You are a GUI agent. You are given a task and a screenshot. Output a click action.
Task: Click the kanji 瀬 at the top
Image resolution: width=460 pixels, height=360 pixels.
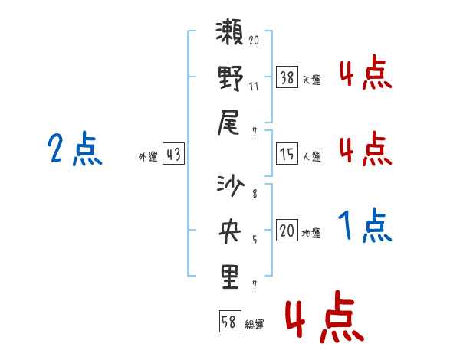pos(230,32)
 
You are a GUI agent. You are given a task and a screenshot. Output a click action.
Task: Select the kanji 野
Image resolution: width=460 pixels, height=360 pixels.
pos(230,78)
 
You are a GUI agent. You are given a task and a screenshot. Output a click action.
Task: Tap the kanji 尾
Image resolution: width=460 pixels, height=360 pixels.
pos(228,123)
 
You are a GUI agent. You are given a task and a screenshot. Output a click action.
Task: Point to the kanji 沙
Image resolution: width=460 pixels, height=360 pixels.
pos(230,186)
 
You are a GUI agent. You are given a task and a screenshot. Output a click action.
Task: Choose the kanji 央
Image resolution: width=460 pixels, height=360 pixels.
pos(230,231)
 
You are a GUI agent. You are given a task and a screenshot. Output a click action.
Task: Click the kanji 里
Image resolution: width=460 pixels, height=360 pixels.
pos(230,277)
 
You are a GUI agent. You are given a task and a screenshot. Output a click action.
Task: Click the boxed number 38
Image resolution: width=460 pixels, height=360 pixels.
pos(287,77)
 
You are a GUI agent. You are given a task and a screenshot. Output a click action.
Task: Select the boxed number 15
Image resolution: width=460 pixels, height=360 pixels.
pos(287,154)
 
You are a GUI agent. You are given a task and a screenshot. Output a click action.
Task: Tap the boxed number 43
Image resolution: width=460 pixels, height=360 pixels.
pos(173,153)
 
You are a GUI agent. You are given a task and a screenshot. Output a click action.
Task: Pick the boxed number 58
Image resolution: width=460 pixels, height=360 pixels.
pos(230,321)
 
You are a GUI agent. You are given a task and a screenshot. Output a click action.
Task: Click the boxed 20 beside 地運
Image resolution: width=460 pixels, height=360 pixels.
pos(287,230)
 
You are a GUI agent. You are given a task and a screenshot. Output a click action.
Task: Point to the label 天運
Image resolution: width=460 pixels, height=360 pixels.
pos(312,80)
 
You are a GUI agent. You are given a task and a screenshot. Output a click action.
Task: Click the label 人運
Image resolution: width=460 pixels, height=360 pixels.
pos(312,156)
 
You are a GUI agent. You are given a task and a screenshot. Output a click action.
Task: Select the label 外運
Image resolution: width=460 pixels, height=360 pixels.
pos(148,157)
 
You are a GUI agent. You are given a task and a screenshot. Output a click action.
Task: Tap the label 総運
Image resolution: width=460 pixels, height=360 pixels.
pos(255,324)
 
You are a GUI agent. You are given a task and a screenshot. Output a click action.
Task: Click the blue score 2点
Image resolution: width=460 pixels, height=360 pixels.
pos(75,149)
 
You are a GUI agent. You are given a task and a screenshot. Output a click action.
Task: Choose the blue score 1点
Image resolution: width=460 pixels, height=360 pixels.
pos(365,225)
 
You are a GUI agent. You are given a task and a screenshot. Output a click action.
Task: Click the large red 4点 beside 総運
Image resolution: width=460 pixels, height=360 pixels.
pos(325,316)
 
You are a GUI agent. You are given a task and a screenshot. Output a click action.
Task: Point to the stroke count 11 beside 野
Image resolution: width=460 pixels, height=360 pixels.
pos(254,87)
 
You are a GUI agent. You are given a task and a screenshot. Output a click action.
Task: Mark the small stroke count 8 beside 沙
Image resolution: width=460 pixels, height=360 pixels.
pos(255,194)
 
